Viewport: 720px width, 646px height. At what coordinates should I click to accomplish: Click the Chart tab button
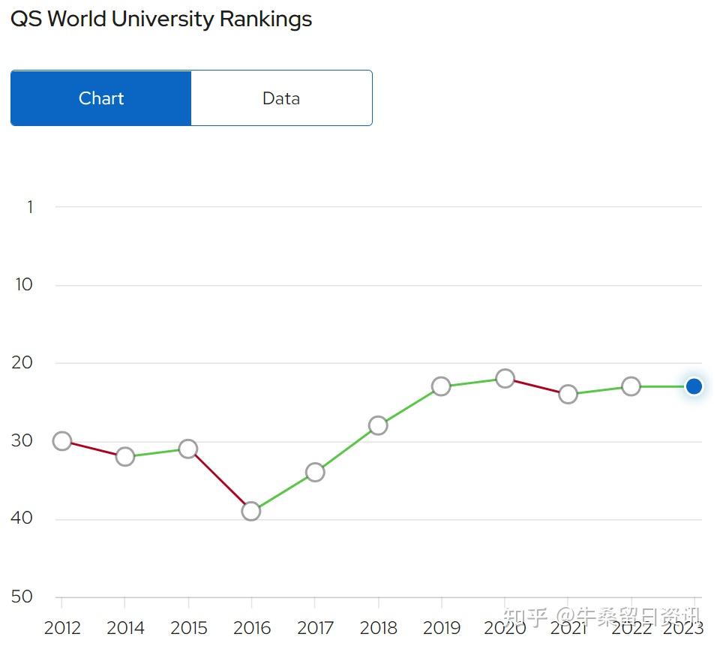(x=101, y=98)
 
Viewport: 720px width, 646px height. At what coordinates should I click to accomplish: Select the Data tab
(x=281, y=98)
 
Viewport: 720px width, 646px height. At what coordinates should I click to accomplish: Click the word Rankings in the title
(x=265, y=20)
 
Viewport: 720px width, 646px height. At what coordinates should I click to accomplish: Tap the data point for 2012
(x=62, y=441)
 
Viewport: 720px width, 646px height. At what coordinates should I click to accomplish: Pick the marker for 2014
(x=125, y=456)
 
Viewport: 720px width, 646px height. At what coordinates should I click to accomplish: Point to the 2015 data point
(x=188, y=449)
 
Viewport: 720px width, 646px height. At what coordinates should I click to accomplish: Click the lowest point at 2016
(x=251, y=511)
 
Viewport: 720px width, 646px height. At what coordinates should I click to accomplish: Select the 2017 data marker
(x=315, y=472)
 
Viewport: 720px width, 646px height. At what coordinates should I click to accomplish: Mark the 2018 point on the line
(x=378, y=425)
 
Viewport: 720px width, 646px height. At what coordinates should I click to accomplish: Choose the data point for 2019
(x=441, y=386)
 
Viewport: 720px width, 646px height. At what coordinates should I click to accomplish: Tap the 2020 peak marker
(x=505, y=378)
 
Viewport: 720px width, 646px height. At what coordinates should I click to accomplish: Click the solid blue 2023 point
(x=694, y=386)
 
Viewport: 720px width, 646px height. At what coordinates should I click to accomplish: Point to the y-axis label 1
(x=30, y=207)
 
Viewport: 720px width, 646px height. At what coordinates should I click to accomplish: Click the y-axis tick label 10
(x=24, y=285)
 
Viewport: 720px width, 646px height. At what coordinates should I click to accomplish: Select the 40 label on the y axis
(x=23, y=518)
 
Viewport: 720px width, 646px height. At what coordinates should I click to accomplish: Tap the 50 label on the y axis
(x=23, y=596)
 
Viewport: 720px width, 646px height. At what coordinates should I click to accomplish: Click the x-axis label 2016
(x=251, y=627)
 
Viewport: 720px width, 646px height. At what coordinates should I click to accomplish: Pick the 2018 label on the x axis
(x=378, y=627)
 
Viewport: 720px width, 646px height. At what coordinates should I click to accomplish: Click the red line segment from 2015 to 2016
(x=220, y=480)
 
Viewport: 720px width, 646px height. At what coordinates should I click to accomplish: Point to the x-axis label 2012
(x=62, y=627)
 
